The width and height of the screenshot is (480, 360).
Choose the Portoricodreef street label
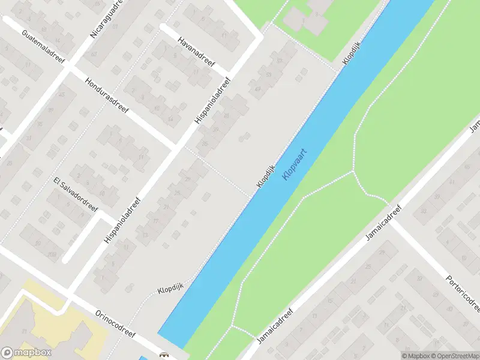[462, 293]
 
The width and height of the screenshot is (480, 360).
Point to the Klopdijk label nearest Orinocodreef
[170, 290]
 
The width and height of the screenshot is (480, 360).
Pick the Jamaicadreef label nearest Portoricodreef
[383, 223]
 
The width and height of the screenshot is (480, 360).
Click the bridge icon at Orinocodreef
[163, 356]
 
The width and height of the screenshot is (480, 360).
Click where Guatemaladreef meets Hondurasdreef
[68, 67]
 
